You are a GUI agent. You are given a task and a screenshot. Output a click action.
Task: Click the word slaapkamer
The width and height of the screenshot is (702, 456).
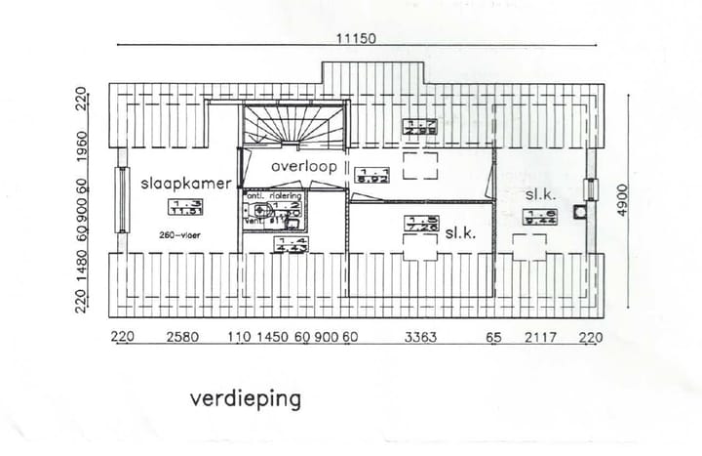[186, 183]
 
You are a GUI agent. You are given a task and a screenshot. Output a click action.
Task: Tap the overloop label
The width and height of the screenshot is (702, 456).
[304, 167]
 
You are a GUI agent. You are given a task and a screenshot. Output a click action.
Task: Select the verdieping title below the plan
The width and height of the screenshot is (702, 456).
[246, 398]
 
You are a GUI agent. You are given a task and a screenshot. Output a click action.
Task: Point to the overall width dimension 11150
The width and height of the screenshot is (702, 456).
[355, 38]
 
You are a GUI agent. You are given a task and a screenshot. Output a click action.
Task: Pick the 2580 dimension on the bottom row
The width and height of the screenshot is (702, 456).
[182, 338]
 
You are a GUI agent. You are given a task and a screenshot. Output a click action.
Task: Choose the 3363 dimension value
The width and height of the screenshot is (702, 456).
[420, 338]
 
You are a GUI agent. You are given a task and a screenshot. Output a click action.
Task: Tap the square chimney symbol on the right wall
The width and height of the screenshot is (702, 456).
[582, 211]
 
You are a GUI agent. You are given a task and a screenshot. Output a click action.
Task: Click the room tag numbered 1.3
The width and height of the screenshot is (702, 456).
[181, 205]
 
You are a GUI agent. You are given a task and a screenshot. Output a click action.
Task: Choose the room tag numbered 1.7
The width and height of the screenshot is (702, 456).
[419, 125]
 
